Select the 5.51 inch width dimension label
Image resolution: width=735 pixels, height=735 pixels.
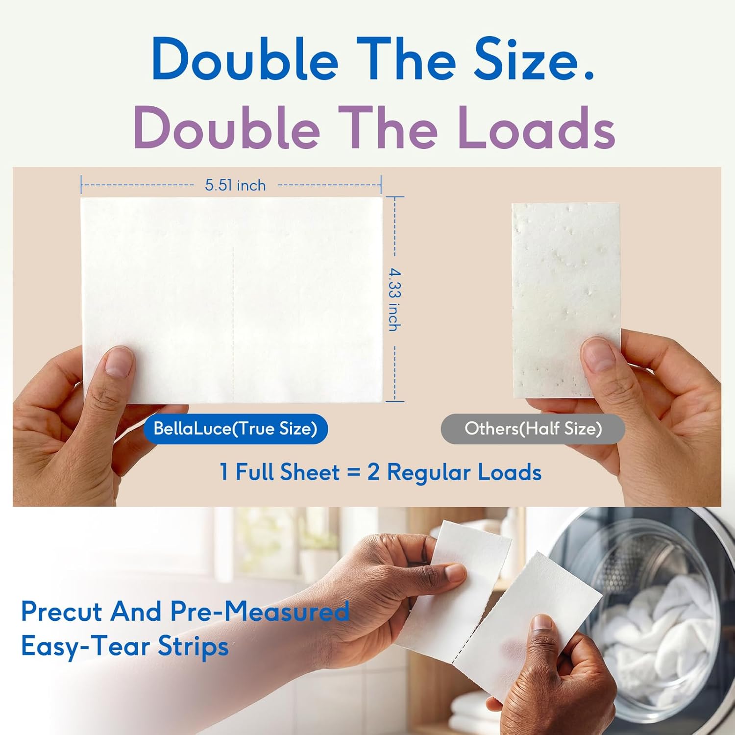coord(235,185)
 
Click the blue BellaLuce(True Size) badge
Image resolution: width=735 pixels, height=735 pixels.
coord(236,429)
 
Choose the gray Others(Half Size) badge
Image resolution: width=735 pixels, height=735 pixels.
coord(533,429)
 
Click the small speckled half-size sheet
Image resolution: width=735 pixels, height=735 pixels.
coord(566,300)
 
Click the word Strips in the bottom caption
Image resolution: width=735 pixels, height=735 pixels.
coord(193,646)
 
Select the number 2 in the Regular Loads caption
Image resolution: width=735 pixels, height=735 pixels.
coord(373,473)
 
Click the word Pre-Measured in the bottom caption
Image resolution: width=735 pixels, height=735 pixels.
coord(260,612)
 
